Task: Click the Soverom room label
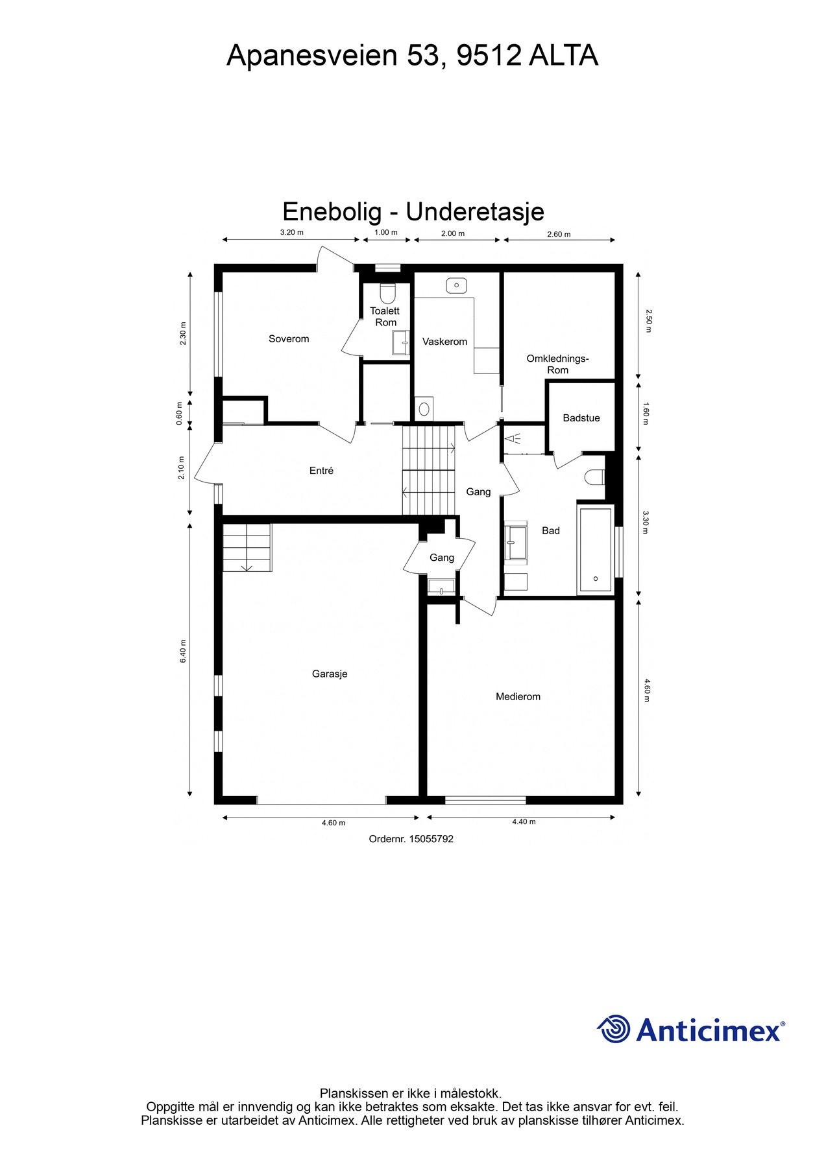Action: pos(289,338)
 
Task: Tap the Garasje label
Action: pos(330,674)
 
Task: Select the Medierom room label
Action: pos(518,696)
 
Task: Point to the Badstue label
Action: pos(581,418)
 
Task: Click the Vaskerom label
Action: pos(444,342)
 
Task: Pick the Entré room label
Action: pos(321,471)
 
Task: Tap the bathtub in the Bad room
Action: pos(595,550)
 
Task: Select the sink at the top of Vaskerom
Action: pos(457,285)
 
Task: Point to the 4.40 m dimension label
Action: pos(524,821)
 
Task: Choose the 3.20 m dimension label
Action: pos(291,232)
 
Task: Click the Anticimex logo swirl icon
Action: pos(613,1029)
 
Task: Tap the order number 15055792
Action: pos(431,839)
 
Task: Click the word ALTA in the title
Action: pos(563,56)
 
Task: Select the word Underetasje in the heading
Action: pos(475,211)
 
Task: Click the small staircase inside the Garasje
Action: pos(247,548)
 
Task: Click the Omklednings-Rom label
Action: pos(557,364)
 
